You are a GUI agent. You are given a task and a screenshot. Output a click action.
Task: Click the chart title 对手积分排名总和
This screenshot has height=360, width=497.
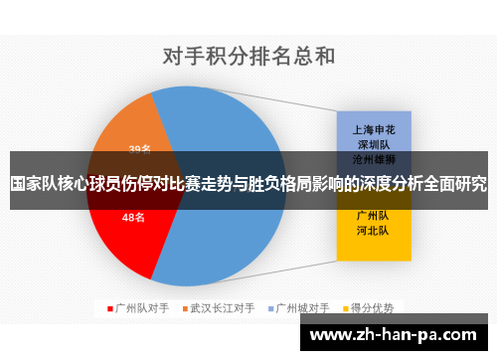(248, 57)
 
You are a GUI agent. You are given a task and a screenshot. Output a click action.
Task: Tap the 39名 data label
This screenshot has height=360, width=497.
(140, 149)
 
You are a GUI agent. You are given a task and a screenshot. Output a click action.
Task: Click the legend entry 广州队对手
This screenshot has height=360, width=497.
(143, 308)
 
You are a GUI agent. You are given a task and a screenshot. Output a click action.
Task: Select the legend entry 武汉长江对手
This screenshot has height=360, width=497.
(223, 308)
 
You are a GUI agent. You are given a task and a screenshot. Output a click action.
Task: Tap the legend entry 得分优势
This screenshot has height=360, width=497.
(372, 308)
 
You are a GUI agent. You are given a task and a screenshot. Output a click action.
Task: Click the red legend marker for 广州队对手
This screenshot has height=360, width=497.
(110, 308)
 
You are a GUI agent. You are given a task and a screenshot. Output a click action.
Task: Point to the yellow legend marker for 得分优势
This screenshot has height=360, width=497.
(344, 308)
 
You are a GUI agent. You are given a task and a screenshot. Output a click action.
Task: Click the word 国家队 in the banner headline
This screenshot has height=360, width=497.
(34, 184)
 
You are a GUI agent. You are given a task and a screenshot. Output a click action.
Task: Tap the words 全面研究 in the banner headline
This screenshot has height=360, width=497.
(456, 184)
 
